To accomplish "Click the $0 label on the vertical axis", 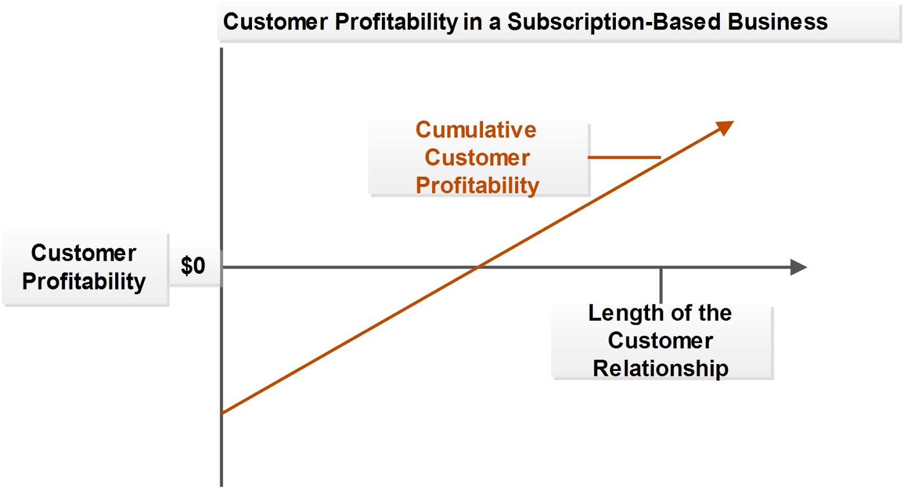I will (x=193, y=266).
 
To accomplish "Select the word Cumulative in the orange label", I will (x=476, y=130).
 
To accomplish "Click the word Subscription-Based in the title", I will (x=614, y=22).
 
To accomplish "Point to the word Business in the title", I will (x=777, y=22).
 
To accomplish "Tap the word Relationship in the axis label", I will (x=660, y=369).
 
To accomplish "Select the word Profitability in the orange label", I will (x=477, y=185).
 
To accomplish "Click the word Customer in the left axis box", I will (x=84, y=253).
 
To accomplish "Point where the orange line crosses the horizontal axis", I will (x=479, y=267).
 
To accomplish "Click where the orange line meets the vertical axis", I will (x=222, y=413).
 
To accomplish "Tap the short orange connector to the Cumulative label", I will (x=624, y=157).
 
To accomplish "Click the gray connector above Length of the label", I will (x=661, y=285).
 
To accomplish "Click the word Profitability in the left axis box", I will (x=84, y=281).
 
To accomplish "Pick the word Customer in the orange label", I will (x=477, y=158).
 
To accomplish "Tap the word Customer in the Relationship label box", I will (x=660, y=340).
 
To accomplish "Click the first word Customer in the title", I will (x=275, y=22).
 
